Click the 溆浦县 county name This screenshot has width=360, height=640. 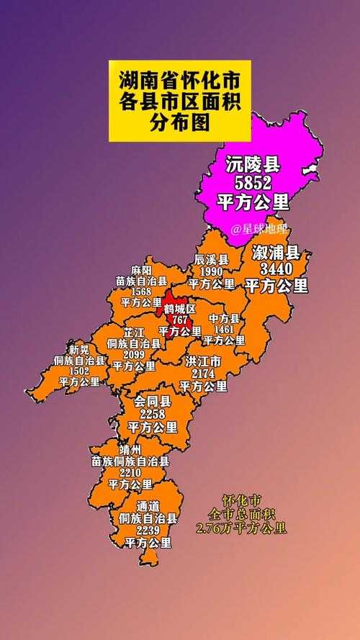(x=276, y=253)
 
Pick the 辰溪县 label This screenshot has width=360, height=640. (x=212, y=259)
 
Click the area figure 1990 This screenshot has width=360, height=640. (x=212, y=271)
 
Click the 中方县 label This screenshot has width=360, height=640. (x=224, y=317)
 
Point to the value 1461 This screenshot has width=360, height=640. (x=224, y=328)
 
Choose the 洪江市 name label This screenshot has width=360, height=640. (x=203, y=361)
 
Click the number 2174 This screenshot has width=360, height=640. (x=203, y=374)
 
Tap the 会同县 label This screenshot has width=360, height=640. (x=153, y=402)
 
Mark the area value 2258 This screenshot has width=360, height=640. (x=153, y=414)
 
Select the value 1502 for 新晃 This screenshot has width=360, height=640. (x=79, y=371)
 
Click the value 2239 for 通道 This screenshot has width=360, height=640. (x=149, y=530)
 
